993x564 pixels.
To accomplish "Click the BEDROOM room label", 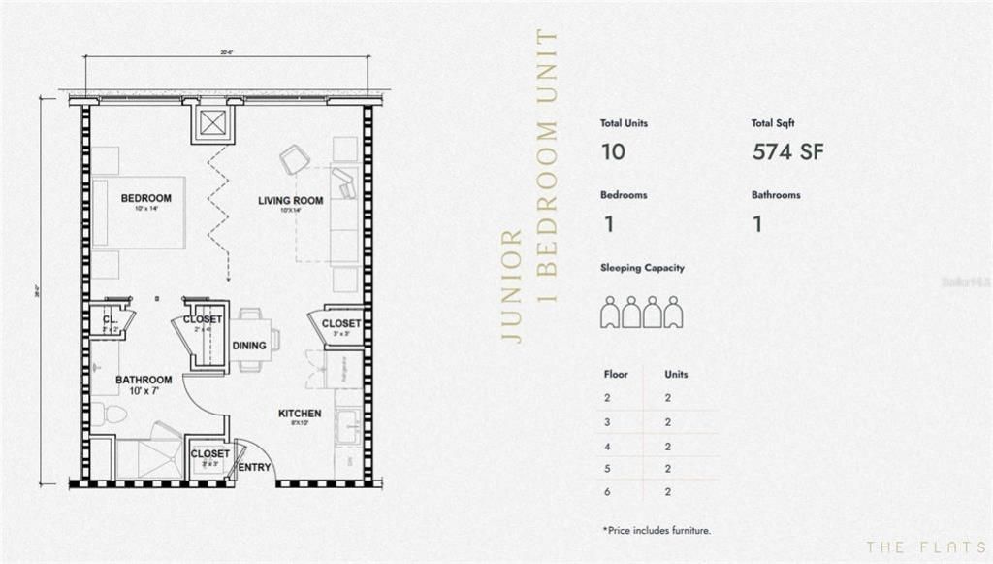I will tap(145, 198).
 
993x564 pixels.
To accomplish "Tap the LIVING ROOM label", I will tap(290, 201).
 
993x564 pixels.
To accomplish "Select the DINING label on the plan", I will tap(249, 345).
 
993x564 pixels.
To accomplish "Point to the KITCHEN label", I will tap(300, 414).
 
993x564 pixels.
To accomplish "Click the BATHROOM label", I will tap(144, 380).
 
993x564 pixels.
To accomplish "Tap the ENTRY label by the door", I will tap(255, 468).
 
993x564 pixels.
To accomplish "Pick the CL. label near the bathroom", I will tap(110, 317).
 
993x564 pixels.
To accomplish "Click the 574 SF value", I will tap(787, 152).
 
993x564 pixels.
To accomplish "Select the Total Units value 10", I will tap(613, 152).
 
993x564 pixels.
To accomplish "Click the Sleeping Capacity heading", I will tap(642, 268).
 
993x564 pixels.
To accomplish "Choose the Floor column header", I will tap(616, 374).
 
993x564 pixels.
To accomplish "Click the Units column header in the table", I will tap(676, 374).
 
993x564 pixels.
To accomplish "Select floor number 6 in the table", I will tap(607, 493).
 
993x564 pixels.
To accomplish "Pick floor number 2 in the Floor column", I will tap(607, 398).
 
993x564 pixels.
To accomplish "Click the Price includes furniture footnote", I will tap(657, 530).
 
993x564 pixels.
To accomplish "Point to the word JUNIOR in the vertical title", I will tap(514, 287).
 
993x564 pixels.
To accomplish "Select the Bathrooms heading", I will tap(776, 195).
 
